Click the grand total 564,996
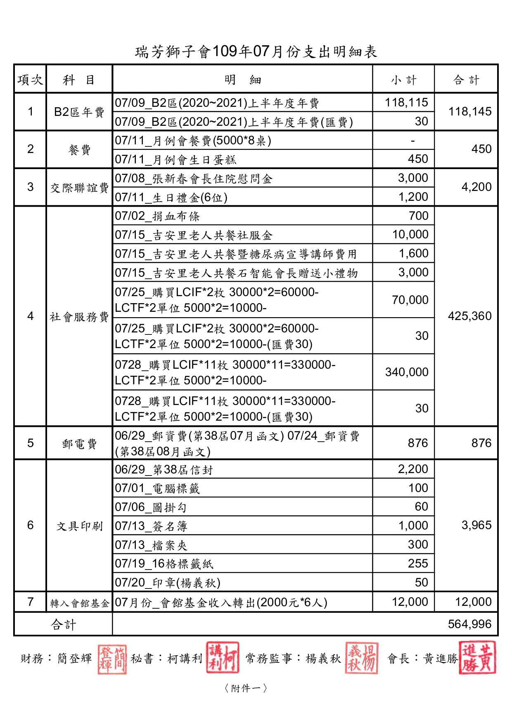pos(469,624)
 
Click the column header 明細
pos(243,80)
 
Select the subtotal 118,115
pos(406,102)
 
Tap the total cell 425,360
pos(469,316)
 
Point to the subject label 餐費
pos(79,149)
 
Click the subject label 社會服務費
pos(79,316)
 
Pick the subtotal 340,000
pos(406,372)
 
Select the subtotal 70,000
pos(410,300)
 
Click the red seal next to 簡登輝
pos(112,659)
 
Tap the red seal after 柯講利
pos(223,658)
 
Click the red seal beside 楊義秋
pos(361,658)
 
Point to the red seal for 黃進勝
pos(477,658)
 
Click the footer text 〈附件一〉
pos(246,688)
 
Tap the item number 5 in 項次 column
pos(30,443)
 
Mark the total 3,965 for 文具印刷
pos(476,525)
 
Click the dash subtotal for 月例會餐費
pos(412,141)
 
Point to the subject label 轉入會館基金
pos(79,603)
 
